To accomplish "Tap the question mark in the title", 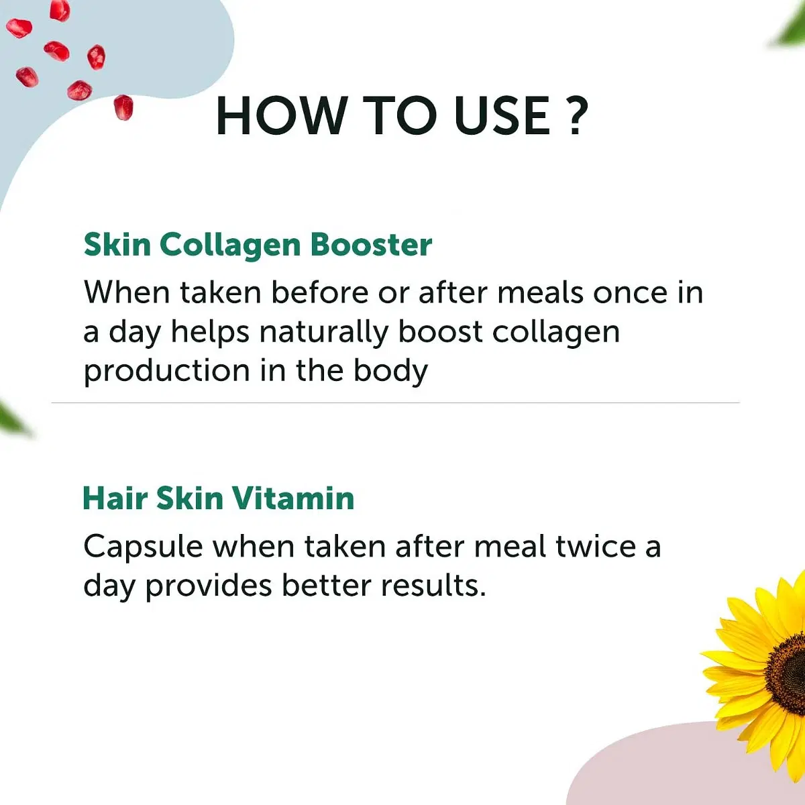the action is (x=578, y=115).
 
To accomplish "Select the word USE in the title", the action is (x=503, y=115).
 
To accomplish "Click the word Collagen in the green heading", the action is (x=230, y=246).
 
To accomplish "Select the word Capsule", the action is (x=144, y=547).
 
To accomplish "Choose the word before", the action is (x=320, y=292).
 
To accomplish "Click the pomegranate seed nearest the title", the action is (x=123, y=107).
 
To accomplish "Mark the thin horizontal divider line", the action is (x=395, y=402).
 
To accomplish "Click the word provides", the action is (x=209, y=586).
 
